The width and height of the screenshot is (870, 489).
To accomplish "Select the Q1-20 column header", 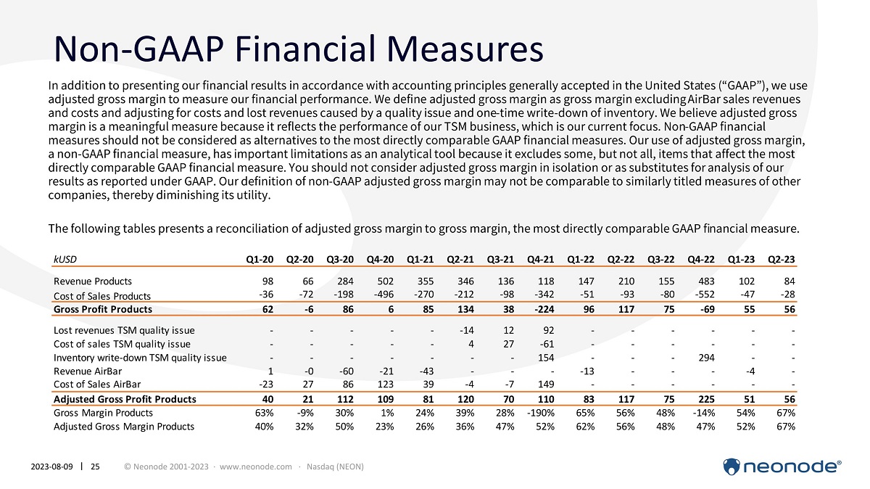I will pyautogui.click(x=260, y=258).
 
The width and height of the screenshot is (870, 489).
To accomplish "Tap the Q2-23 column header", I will pyautogui.click(x=782, y=258).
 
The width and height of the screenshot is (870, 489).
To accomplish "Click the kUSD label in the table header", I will pyautogui.click(x=63, y=258).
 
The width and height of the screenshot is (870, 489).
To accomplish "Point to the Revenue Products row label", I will pyautogui.click(x=93, y=281).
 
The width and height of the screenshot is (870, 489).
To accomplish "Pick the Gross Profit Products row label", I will pyautogui.click(x=102, y=309).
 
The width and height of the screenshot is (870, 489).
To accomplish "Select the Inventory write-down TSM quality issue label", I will pyautogui.click(x=140, y=358).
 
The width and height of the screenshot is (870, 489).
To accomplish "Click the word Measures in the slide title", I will pyautogui.click(x=449, y=49).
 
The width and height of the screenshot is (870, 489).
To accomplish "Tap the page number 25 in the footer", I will pyautogui.click(x=95, y=466).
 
